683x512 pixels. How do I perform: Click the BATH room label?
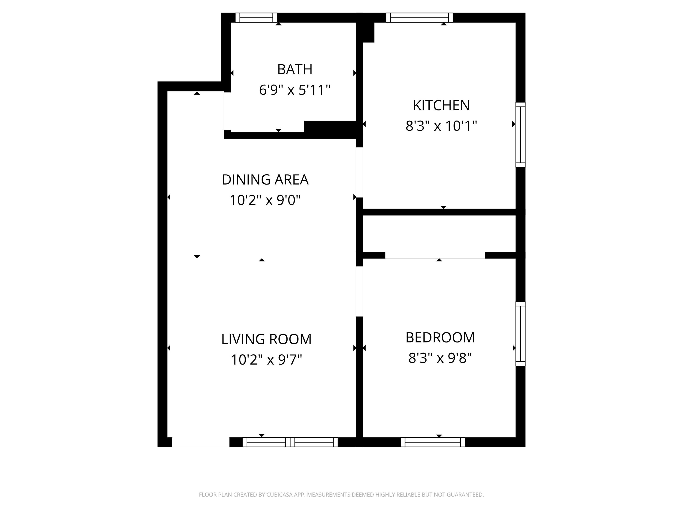(x=295, y=69)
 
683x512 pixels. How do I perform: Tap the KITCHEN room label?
(x=441, y=106)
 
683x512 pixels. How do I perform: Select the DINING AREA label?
(x=265, y=180)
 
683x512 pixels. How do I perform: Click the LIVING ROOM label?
(x=266, y=339)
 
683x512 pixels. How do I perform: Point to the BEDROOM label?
(x=440, y=338)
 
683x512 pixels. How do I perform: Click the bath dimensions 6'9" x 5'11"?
(x=295, y=90)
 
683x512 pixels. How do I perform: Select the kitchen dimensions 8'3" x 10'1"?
(x=441, y=126)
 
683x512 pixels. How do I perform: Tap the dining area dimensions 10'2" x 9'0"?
(x=265, y=200)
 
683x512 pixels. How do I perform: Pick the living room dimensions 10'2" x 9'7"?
(x=266, y=360)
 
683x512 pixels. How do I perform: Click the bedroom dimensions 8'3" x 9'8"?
(x=440, y=358)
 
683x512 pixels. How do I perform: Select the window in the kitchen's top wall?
(x=419, y=18)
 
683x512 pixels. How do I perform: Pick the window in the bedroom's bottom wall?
(x=433, y=442)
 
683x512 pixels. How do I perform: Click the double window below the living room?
(x=290, y=442)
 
